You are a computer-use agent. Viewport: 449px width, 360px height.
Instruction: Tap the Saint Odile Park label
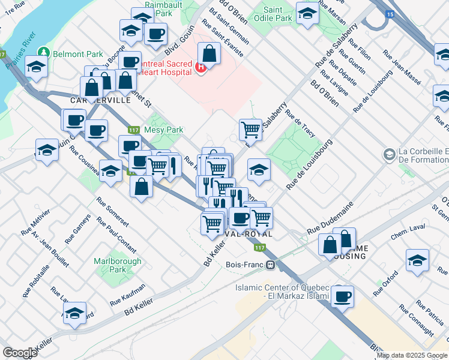[x=277, y=14]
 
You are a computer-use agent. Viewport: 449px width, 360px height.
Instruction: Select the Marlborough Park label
[x=118, y=265]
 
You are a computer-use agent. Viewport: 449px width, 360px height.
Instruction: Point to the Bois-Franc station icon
[x=271, y=263]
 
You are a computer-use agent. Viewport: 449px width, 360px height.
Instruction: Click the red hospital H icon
[x=201, y=68]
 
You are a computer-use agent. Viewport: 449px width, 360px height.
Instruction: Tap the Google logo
[x=20, y=353]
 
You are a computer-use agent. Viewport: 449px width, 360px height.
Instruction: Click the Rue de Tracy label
[x=300, y=122]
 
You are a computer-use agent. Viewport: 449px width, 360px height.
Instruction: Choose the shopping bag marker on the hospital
[x=209, y=55]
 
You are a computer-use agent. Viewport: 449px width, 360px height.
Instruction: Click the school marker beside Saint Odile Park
[x=307, y=14]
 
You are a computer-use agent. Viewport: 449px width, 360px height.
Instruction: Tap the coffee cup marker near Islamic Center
[x=342, y=296]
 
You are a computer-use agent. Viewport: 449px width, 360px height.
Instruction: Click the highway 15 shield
[x=391, y=30]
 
